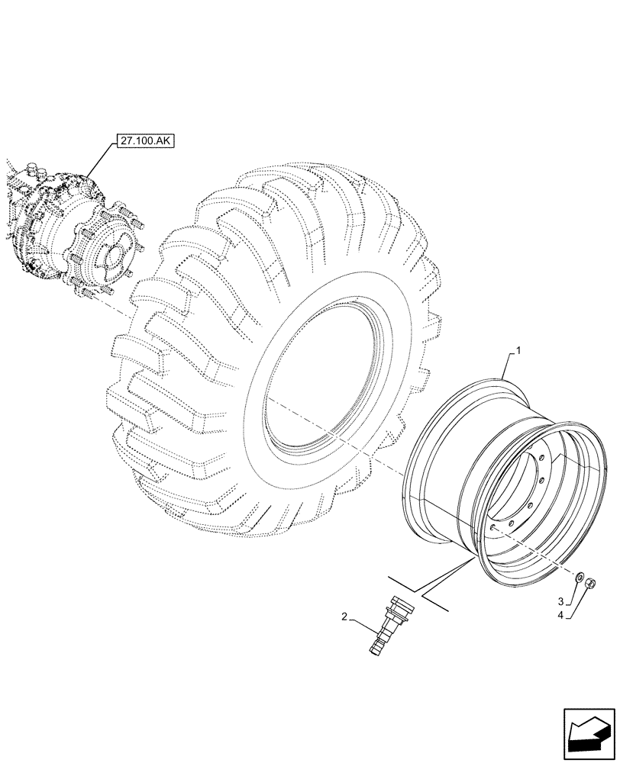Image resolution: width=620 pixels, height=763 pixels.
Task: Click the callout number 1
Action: [518, 349]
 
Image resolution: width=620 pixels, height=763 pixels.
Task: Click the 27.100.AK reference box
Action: [145, 141]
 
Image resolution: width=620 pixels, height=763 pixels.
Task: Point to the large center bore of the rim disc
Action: [527, 488]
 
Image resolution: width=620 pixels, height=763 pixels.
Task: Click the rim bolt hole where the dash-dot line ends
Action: [494, 526]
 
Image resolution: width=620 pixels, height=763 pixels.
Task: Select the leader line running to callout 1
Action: [509, 365]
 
